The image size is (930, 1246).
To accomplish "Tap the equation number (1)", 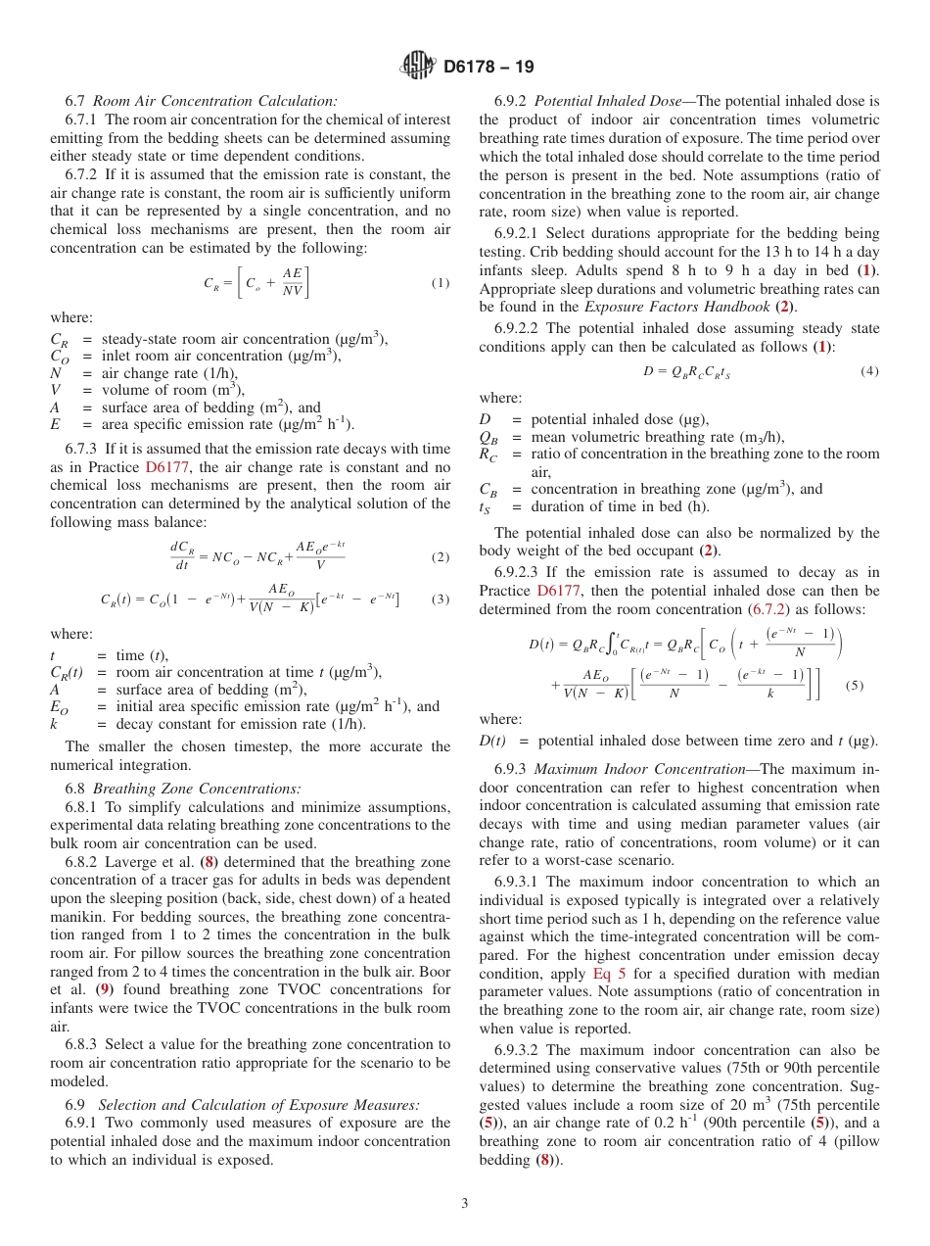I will coord(440,283).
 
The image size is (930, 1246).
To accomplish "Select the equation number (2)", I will coord(440,557).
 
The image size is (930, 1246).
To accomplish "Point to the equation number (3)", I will coord(440,598).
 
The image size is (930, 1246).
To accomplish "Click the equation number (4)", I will coord(869,371).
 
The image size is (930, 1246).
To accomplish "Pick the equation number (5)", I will coord(854,685).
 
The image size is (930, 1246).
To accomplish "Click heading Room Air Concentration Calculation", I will coord(215,100).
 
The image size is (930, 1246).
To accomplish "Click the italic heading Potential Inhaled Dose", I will coord(608,100).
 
